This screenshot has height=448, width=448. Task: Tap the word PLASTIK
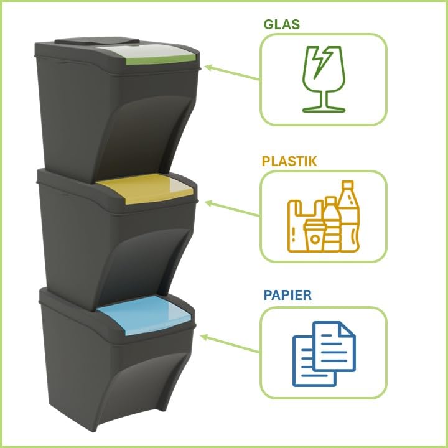[x=289, y=161]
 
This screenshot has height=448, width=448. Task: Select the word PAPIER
[x=287, y=295]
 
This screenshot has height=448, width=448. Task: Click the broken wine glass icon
[x=324, y=78]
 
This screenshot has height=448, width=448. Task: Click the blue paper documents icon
[x=324, y=353]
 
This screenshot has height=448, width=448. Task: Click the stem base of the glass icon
[x=324, y=109]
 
